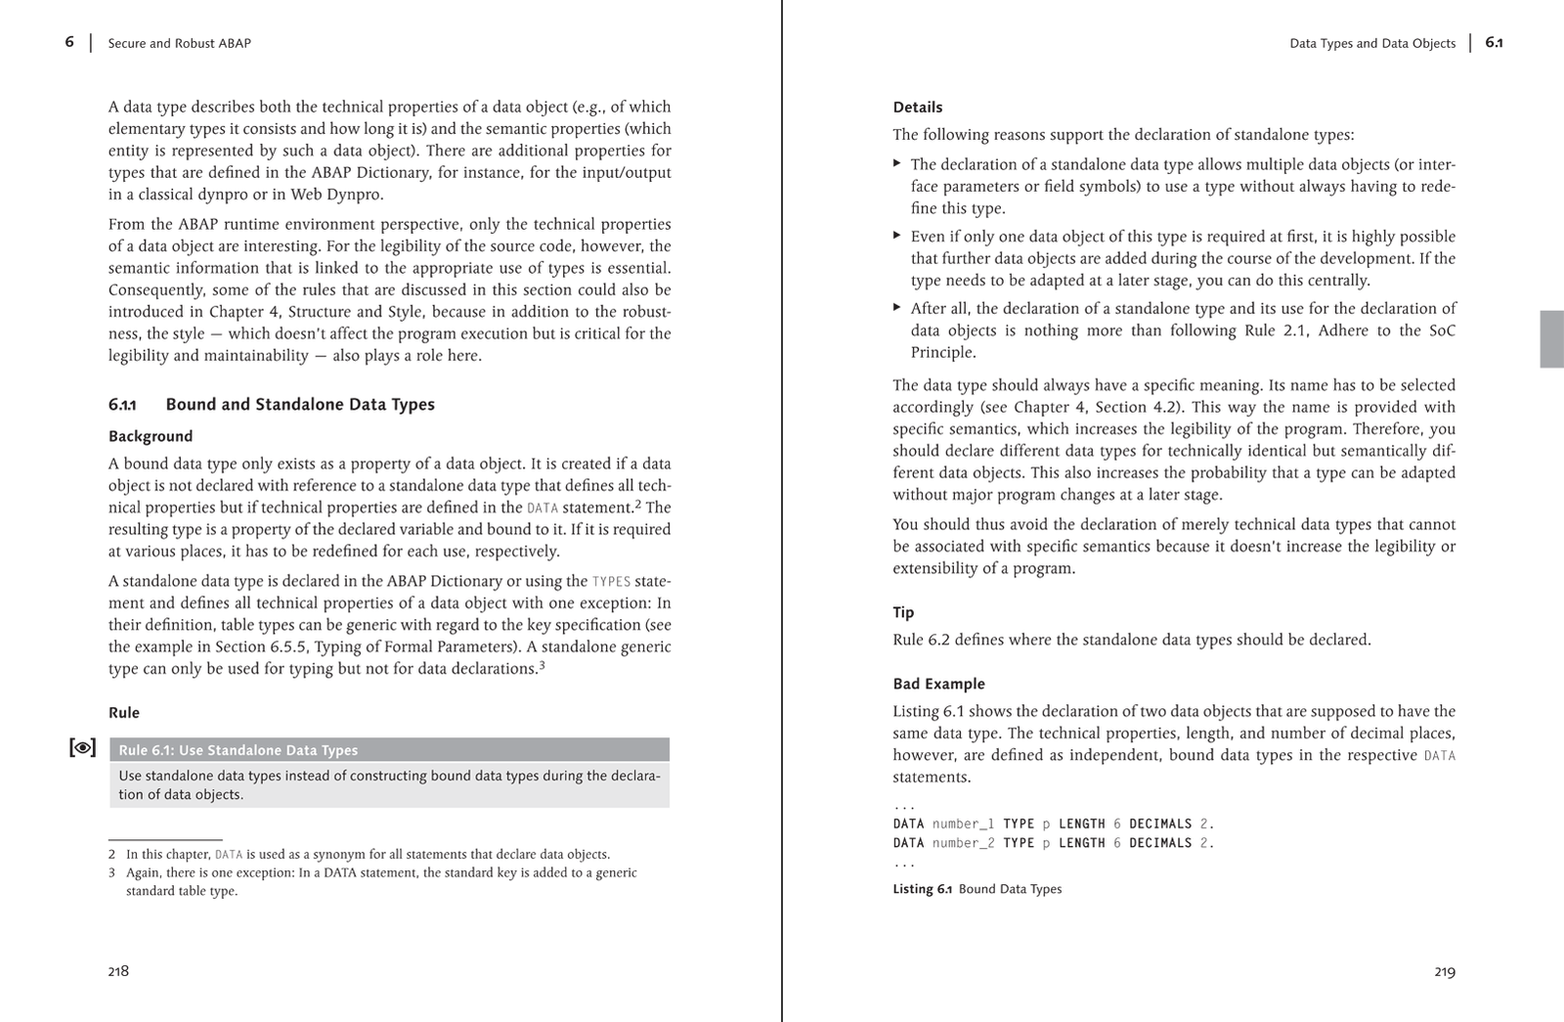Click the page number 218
118,971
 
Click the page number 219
1445,971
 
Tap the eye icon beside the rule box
83,748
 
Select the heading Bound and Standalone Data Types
300,404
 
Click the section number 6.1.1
122,405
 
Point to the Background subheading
151,436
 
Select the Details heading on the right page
918,108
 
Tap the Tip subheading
903,612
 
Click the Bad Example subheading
938,684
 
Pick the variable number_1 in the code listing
963,823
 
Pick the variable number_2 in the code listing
963,843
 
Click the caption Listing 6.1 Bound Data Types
977,889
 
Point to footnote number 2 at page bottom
112,854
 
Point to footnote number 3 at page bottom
112,872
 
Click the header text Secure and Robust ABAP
179,43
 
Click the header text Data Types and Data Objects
1372,43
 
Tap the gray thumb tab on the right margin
1551,338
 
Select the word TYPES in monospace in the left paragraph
611,581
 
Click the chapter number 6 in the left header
69,42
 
